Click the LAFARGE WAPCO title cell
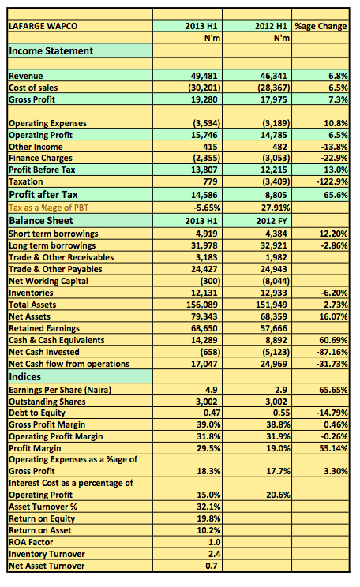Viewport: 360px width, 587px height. point(43,26)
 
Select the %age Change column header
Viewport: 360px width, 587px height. point(321,26)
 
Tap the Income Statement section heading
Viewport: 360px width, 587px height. point(51,51)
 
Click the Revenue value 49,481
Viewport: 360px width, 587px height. point(204,76)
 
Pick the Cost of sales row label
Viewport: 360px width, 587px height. point(33,88)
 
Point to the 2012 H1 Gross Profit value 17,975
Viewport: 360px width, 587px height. point(273,99)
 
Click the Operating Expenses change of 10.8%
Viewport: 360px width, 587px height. point(336,123)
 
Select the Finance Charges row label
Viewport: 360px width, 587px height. point(40,158)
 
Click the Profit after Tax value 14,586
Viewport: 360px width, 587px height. point(204,195)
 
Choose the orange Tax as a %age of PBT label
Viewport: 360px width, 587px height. point(49,208)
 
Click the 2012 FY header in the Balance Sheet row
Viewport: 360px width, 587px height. point(272,221)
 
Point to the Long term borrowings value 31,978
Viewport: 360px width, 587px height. point(204,245)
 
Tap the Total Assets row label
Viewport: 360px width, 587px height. point(32,305)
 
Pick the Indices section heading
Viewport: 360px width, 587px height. point(24,376)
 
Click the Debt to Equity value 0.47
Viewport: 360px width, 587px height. point(212,413)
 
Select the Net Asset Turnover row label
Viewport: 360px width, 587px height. point(47,566)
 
